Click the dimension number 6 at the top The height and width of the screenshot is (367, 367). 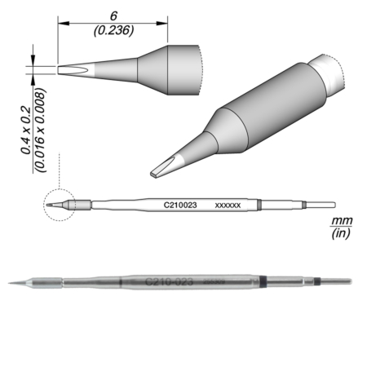click(x=113, y=15)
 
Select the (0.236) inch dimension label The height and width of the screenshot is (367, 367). click(x=113, y=31)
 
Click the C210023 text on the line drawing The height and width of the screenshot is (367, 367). click(x=181, y=207)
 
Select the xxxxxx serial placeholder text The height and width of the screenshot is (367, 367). click(x=227, y=207)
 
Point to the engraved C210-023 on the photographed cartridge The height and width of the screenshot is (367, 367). click(x=169, y=281)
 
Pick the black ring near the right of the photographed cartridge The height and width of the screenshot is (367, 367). click(x=314, y=283)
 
